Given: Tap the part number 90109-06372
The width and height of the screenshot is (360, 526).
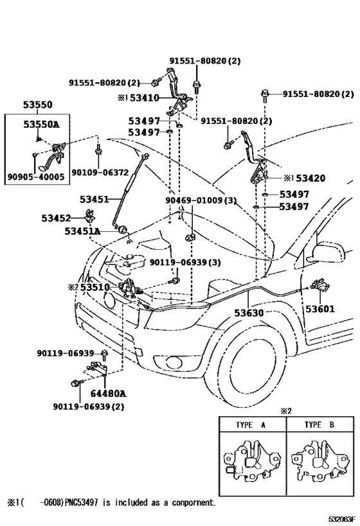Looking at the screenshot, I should point(100,172).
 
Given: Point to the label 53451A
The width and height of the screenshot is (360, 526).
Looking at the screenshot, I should point(82,231).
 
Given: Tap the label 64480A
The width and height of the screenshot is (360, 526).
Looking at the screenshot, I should point(107,393).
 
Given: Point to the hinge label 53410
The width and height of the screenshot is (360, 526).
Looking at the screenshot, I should point(147,98).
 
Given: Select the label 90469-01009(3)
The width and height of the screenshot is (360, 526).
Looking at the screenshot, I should point(201,201).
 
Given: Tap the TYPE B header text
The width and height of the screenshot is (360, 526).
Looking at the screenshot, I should point(318,425).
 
